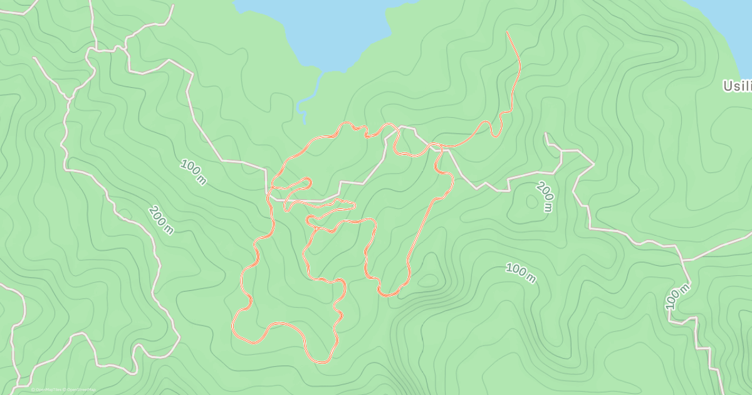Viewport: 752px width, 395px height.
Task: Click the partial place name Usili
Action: tap(736, 86)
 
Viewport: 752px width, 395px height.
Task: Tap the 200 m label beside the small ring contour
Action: tap(545, 197)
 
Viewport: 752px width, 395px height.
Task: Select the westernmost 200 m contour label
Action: tap(160, 220)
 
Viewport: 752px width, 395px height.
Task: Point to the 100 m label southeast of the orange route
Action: tap(521, 273)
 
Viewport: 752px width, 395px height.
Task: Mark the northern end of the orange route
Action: tap(507, 32)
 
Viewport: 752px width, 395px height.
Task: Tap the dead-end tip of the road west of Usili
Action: tap(545, 134)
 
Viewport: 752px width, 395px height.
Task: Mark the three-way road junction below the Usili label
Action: tap(682, 260)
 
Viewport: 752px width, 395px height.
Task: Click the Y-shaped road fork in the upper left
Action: tap(69, 97)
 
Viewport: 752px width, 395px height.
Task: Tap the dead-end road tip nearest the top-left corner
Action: tap(34, 58)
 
